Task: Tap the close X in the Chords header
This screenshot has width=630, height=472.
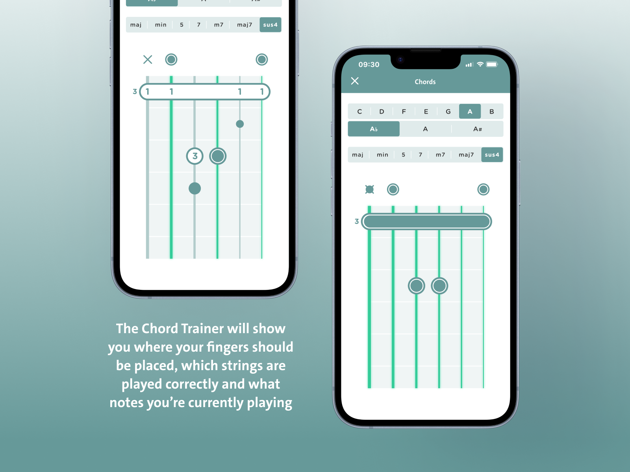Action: click(355, 81)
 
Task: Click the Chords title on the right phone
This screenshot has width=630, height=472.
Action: click(425, 82)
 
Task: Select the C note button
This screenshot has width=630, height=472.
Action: click(359, 111)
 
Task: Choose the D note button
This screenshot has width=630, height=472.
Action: click(382, 111)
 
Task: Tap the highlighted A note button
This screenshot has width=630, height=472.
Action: click(470, 111)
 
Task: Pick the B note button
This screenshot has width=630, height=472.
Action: click(492, 111)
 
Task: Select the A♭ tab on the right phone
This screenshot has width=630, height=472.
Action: click(374, 129)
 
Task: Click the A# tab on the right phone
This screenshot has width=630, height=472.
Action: click(477, 129)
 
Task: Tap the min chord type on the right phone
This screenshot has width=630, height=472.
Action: click(382, 155)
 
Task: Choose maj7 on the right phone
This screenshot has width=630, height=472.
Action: click(466, 155)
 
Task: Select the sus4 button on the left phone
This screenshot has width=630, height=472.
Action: click(271, 25)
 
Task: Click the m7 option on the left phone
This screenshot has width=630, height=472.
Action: click(219, 25)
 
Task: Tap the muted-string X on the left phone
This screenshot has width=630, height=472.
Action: click(148, 60)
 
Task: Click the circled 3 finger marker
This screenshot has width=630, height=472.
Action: click(195, 156)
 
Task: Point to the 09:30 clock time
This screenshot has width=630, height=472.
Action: click(369, 65)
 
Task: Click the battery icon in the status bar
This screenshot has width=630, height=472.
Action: click(492, 65)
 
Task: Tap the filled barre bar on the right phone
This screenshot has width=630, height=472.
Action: click(426, 221)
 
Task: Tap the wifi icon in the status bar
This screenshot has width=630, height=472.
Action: click(480, 64)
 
